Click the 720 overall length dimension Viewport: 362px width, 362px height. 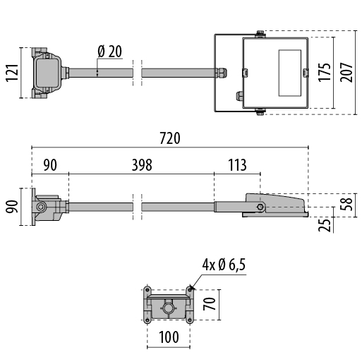(170, 138)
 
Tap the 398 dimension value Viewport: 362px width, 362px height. (142, 165)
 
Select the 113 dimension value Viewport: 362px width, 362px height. (238, 165)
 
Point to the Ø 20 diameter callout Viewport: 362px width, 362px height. (110, 52)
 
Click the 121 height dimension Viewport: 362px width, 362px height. (12, 73)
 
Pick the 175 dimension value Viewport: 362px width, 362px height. (325, 73)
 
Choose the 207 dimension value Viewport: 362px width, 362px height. (346, 73)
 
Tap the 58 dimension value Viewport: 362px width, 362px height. (346, 204)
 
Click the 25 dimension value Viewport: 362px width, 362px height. (325, 225)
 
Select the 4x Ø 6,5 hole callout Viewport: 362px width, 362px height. (224, 265)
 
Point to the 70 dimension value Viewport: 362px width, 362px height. (210, 303)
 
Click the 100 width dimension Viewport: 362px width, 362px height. (169, 337)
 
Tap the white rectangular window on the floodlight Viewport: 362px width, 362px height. (290, 73)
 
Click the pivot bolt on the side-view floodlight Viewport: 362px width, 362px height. (260, 207)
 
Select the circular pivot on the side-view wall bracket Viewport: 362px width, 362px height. (41, 207)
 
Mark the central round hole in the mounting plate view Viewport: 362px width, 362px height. (169, 308)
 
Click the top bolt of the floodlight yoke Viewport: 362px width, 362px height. (260, 34)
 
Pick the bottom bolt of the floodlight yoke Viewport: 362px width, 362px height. (260, 112)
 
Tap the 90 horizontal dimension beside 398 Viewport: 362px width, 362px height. (50, 165)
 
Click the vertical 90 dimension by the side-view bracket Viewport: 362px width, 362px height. (12, 207)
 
